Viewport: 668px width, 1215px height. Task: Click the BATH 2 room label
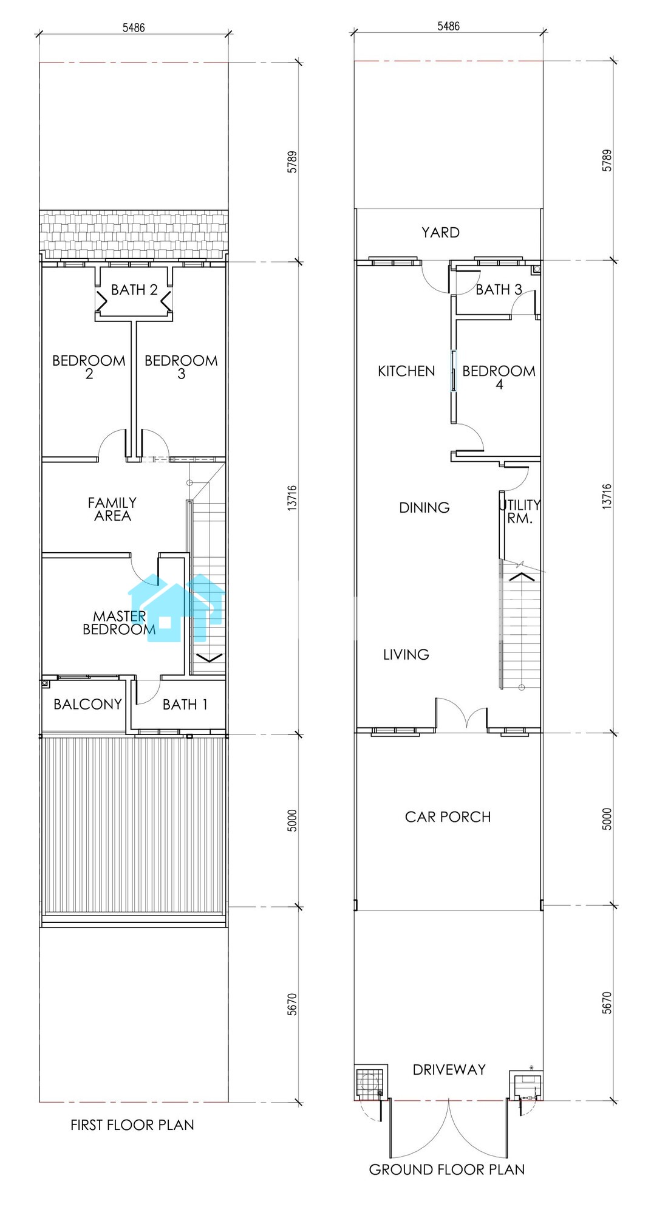click(134, 290)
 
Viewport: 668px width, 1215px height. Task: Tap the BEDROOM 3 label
click(181, 367)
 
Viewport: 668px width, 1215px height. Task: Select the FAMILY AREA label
click(112, 509)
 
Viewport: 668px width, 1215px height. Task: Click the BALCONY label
click(87, 704)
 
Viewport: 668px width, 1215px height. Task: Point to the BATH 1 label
click(185, 705)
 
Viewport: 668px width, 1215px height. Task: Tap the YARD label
click(441, 232)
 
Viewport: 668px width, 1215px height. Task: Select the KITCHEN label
click(406, 371)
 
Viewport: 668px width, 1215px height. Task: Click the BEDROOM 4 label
click(499, 377)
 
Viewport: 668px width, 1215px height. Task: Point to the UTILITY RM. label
click(520, 512)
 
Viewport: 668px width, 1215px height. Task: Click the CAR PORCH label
click(448, 817)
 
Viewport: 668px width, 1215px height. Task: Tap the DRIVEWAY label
click(449, 1069)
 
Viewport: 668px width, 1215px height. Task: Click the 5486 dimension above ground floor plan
click(448, 26)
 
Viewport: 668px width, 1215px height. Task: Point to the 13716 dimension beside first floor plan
click(292, 496)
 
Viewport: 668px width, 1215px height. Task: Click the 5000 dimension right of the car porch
click(607, 820)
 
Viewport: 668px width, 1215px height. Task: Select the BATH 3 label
click(499, 290)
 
